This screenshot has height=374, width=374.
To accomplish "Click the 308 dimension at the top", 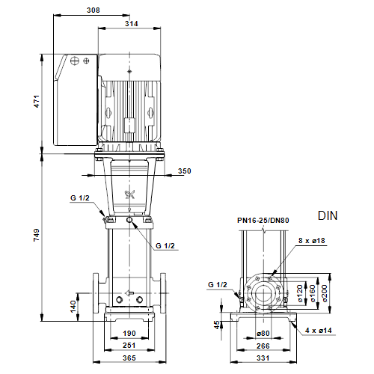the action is pyautogui.click(x=93, y=10).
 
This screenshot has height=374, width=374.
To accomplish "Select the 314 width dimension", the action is pyautogui.click(x=132, y=24).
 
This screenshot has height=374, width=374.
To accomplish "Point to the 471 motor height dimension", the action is pyautogui.click(x=37, y=101).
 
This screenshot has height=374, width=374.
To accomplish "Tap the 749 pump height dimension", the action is pyautogui.click(x=37, y=235).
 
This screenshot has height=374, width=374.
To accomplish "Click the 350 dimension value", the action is pyautogui.click(x=185, y=171).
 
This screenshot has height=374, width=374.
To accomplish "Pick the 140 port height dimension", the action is pyautogui.click(x=73, y=307).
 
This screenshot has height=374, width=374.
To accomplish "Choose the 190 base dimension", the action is pyautogui.click(x=129, y=334).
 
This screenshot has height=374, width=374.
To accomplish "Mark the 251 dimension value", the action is pyautogui.click(x=129, y=346).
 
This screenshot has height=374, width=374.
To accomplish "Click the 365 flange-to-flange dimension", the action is pyautogui.click(x=129, y=358).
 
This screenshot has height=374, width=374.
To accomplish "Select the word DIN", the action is pyautogui.click(x=328, y=215).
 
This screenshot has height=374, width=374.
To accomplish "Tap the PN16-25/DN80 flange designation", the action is pyautogui.click(x=263, y=221).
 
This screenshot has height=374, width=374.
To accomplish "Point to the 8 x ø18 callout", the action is pyautogui.click(x=312, y=241).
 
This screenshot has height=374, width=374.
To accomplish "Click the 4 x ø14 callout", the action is pyautogui.click(x=319, y=331).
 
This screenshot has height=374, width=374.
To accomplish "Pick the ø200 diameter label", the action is pyautogui.click(x=325, y=294).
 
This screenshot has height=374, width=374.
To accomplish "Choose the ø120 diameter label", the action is pyautogui.click(x=300, y=294).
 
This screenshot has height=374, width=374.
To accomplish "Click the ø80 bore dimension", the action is pyautogui.click(x=263, y=334).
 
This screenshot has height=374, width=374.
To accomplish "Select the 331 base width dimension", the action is pyautogui.click(x=263, y=358).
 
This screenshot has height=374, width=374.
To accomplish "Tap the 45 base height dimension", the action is pyautogui.click(x=217, y=325).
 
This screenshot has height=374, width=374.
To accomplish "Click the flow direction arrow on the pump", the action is pyautogui.click(x=129, y=293).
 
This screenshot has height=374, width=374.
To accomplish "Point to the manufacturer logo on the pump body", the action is pyautogui.click(x=130, y=194).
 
